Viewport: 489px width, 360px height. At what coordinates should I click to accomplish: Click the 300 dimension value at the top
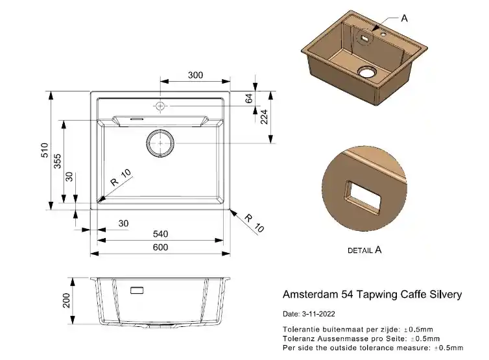[x=195, y=75]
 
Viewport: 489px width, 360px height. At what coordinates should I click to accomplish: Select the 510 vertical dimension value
[x=45, y=151]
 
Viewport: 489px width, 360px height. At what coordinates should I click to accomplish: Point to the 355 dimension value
[x=58, y=161]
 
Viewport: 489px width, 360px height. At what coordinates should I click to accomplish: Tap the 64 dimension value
[x=248, y=99]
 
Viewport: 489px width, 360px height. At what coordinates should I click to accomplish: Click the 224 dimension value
[x=265, y=117]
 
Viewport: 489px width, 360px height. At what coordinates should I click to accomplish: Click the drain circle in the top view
[x=160, y=143]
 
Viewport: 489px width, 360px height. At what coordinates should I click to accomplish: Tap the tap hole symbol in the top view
[x=160, y=105]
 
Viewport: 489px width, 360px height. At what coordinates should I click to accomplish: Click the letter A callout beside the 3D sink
[x=404, y=19]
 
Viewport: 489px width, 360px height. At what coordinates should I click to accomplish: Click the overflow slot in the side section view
[x=138, y=290]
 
